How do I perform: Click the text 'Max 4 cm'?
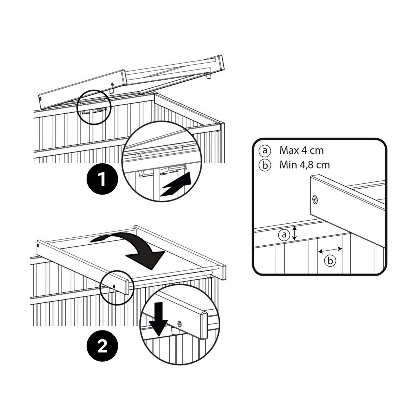pyautogui.click(x=301, y=150)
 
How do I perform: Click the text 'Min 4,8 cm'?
pyautogui.click(x=305, y=164)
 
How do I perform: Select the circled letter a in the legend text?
pyautogui.click(x=264, y=150)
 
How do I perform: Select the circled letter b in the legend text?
pyautogui.click(x=264, y=165)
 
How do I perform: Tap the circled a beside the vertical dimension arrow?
pyautogui.click(x=284, y=235)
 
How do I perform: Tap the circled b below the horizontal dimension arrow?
pyautogui.click(x=330, y=261)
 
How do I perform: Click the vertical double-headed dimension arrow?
pyautogui.click(x=295, y=233)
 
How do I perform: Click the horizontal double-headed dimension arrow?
pyautogui.click(x=330, y=250)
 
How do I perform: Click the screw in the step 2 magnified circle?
pyautogui.click(x=179, y=324)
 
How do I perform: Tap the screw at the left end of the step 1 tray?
pyautogui.click(x=40, y=99)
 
